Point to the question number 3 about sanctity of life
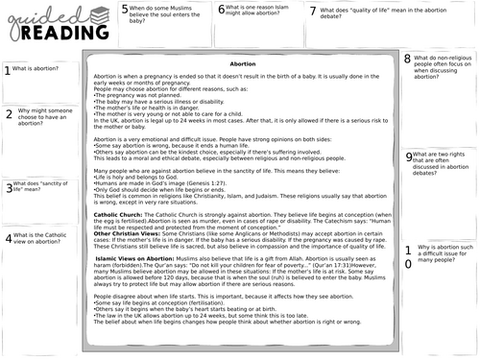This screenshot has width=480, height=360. pyautogui.click(x=8, y=188)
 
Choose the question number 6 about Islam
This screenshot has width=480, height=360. pyautogui.click(x=222, y=11)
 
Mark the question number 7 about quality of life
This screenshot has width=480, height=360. pyautogui.click(x=313, y=12)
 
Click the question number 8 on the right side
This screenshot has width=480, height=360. pyautogui.click(x=407, y=60)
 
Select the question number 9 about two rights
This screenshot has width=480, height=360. pyautogui.click(x=409, y=157)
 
